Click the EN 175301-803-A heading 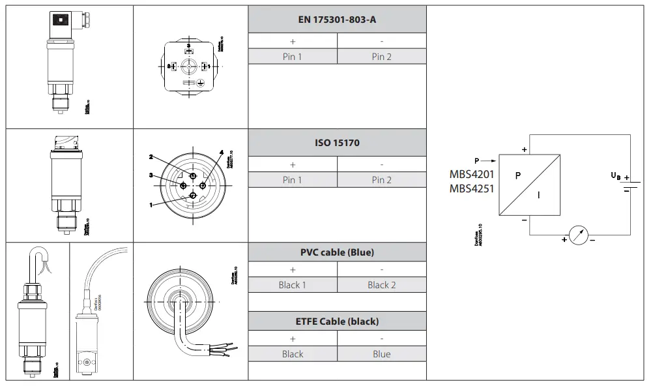(x=337, y=20)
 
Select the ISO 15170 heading (x=337, y=143)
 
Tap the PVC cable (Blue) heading (x=337, y=252)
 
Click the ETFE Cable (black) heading (x=337, y=321)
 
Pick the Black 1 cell (x=292, y=285)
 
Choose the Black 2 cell (x=381, y=285)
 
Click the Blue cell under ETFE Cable (x=381, y=354)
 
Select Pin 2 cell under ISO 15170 (x=381, y=180)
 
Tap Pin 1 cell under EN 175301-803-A (x=292, y=57)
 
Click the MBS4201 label (x=472, y=174)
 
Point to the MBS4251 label (x=472, y=189)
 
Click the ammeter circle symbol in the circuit (x=578, y=235)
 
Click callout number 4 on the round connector (x=222, y=153)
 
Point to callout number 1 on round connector (x=151, y=205)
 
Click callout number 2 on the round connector (x=151, y=157)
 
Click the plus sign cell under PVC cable (x=292, y=269)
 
